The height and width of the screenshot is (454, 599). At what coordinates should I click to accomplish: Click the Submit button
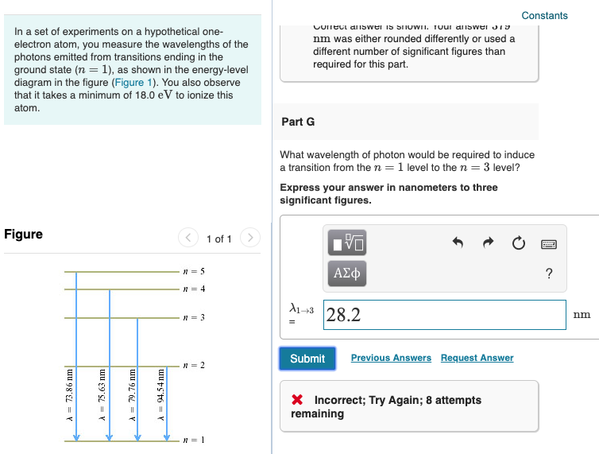click(307, 359)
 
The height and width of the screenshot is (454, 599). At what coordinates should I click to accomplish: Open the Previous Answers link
click(391, 358)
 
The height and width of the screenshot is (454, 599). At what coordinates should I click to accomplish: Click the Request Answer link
click(477, 358)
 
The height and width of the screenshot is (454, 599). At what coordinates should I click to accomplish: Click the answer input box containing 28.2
click(445, 315)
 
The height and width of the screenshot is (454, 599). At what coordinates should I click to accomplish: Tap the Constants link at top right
click(544, 16)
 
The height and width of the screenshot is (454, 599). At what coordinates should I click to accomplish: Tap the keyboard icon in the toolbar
click(549, 244)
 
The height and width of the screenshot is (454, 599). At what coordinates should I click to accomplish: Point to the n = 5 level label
click(194, 272)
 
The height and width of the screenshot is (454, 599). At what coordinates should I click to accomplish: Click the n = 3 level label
click(194, 318)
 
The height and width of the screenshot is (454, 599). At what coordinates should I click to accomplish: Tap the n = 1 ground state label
click(194, 440)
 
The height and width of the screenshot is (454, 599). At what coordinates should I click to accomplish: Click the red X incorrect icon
click(298, 400)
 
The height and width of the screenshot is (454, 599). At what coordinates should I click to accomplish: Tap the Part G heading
click(298, 122)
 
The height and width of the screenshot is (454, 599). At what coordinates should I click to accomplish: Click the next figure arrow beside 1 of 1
click(249, 239)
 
